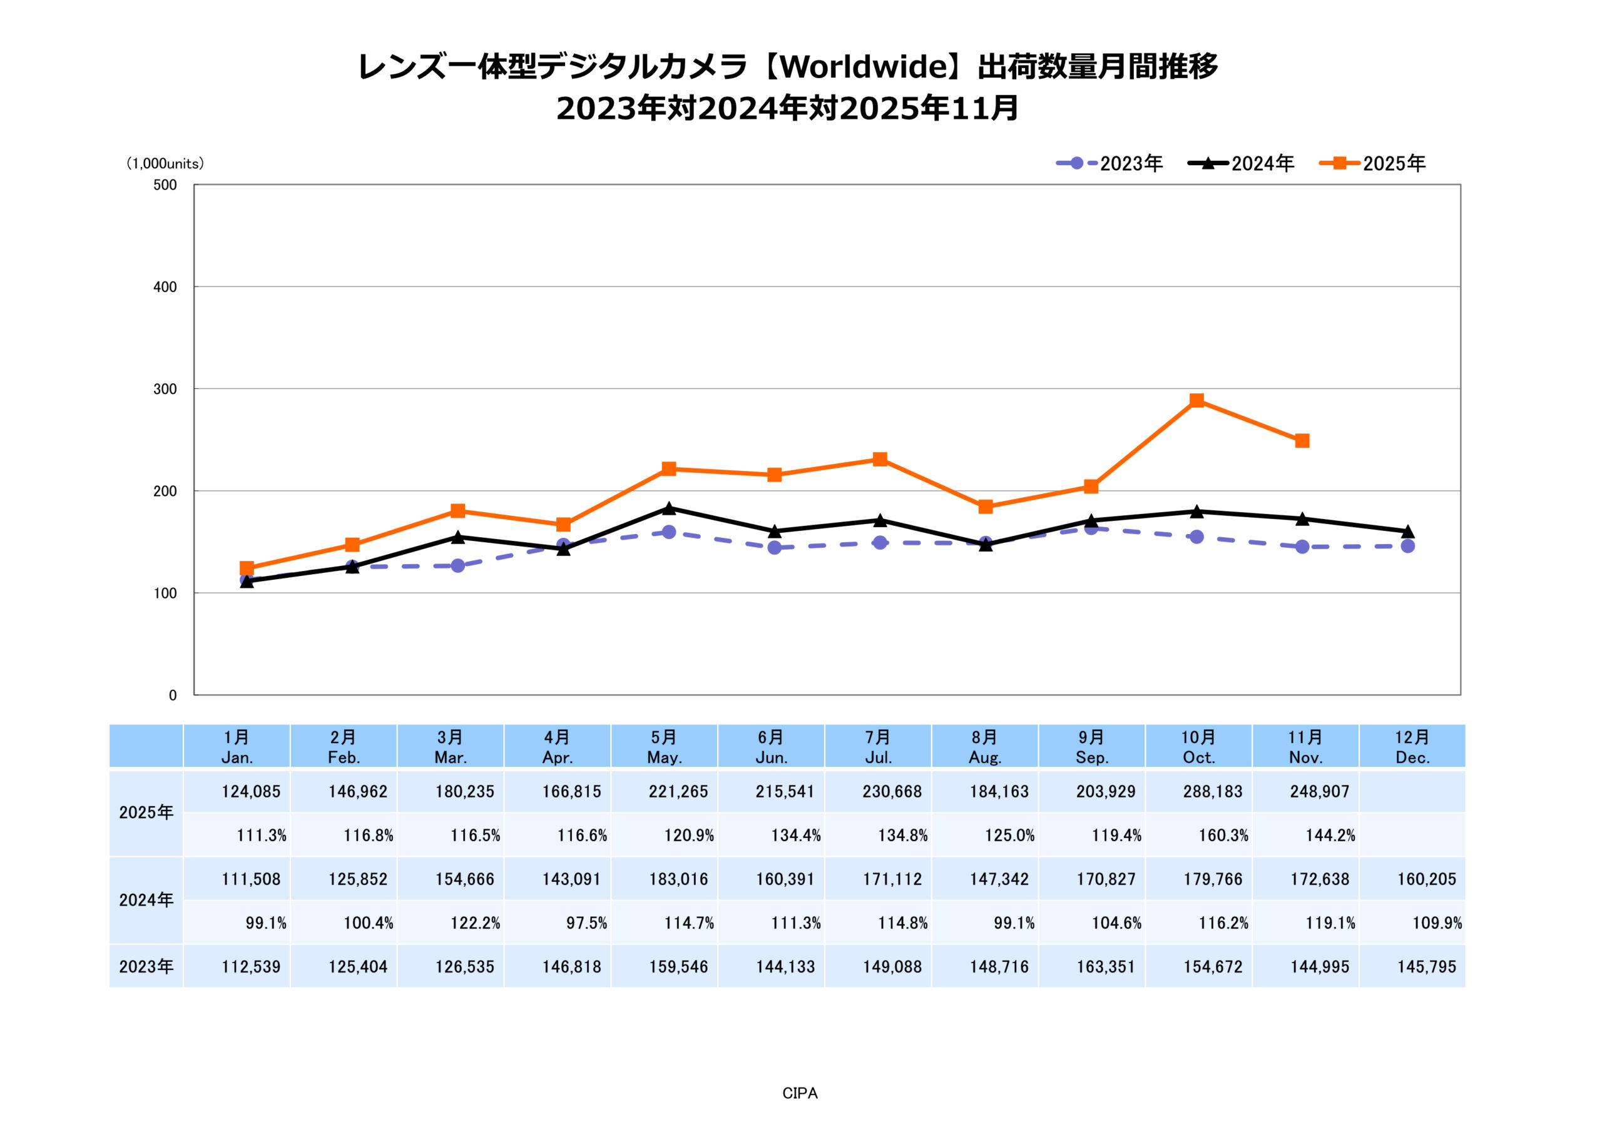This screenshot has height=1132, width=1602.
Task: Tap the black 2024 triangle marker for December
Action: point(1407,532)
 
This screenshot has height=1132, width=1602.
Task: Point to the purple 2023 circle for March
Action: point(457,565)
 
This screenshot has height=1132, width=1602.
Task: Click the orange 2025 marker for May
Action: point(668,468)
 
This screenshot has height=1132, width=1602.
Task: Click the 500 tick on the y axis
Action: point(165,185)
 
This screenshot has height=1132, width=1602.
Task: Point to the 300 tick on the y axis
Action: point(165,389)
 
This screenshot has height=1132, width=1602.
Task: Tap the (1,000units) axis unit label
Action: point(165,163)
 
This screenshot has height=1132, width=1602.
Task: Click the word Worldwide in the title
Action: point(862,67)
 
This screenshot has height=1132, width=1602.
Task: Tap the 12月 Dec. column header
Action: point(1412,747)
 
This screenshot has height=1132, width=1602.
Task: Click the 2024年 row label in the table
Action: point(146,900)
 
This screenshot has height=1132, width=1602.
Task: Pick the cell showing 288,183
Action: point(1213,792)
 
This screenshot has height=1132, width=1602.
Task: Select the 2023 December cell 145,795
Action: point(1426,967)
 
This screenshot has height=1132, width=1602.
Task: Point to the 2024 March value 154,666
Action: point(465,879)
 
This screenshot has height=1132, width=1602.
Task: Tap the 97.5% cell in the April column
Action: point(586,924)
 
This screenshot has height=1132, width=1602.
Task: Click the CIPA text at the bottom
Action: point(800,1094)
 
